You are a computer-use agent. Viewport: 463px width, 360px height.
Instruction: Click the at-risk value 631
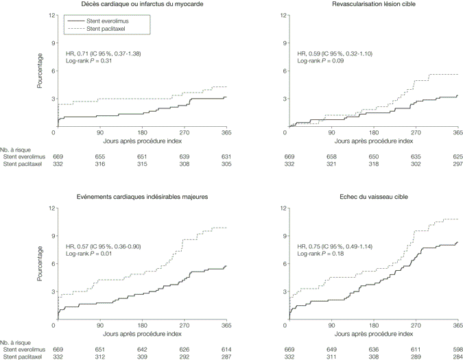click(226, 156)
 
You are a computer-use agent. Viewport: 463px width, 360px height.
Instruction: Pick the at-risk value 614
click(226, 349)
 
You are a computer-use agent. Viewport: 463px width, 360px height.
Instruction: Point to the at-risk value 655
click(100, 156)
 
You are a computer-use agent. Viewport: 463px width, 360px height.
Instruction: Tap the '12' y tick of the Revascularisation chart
click(281, 14)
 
